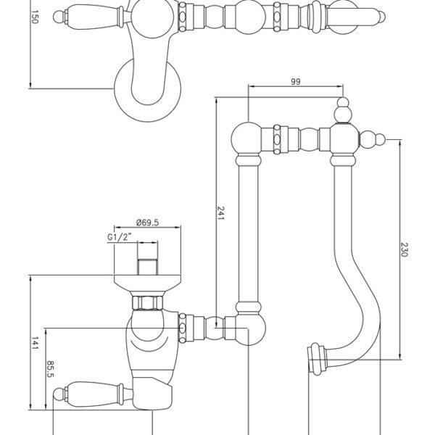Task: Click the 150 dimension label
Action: tap(34, 17)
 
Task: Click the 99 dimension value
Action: tap(296, 81)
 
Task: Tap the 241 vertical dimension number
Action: tap(220, 212)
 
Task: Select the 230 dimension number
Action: tap(405, 249)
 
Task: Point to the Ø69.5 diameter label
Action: tap(147, 223)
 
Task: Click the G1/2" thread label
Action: tap(120, 237)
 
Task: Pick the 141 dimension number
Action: tap(35, 343)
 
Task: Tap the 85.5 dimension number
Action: tap(50, 369)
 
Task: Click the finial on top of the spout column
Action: tap(344, 110)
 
